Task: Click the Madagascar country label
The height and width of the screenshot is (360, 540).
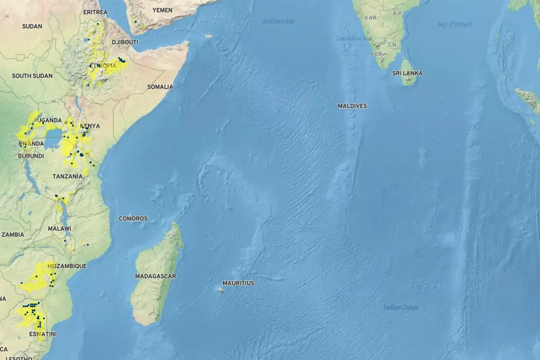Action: (155, 276)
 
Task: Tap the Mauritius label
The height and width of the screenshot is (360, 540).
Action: (238, 283)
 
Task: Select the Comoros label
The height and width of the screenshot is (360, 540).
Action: (133, 218)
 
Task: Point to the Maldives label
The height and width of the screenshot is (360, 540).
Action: (352, 106)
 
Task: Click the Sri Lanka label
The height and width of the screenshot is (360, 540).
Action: (407, 73)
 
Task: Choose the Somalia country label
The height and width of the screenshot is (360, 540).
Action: (160, 87)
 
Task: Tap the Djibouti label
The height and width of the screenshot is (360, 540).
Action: (125, 42)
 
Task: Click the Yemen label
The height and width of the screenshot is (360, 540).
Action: (162, 10)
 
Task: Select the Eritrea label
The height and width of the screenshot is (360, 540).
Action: (95, 12)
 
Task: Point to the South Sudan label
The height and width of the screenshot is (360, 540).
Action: (32, 76)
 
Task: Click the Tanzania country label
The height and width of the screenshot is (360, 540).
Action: (67, 176)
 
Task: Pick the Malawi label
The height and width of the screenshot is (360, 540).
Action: (59, 229)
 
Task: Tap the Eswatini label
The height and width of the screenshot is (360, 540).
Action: (44, 334)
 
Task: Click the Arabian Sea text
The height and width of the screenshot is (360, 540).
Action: (278, 22)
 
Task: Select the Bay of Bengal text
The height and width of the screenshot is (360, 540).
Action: (454, 25)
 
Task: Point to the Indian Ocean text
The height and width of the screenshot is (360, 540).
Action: (401, 307)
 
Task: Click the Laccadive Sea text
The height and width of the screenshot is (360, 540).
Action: (354, 38)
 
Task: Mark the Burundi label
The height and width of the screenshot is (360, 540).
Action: (31, 156)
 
